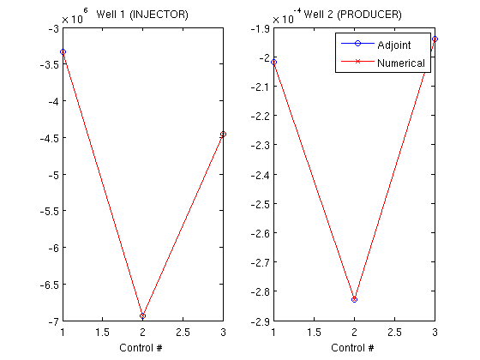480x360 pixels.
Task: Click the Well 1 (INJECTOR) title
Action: tap(142, 15)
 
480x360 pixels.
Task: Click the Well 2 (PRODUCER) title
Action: tap(352, 15)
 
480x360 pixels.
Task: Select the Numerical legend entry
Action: tap(383, 63)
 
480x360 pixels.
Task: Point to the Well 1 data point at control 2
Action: tap(142, 315)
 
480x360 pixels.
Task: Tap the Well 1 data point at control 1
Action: tap(63, 51)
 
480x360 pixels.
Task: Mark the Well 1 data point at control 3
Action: tap(223, 134)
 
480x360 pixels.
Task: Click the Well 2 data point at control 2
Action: tap(355, 299)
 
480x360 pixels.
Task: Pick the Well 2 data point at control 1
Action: tap(274, 62)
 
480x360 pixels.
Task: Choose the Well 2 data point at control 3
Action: tap(435, 39)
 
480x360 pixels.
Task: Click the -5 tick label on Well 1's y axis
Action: tap(53, 175)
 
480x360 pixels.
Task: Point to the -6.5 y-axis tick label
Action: tap(49, 285)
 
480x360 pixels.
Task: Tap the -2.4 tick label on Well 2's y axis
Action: tap(260, 175)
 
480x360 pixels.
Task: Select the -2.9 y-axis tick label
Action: tap(260, 321)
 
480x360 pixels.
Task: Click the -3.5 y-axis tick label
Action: tap(49, 64)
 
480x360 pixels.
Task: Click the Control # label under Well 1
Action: tap(141, 348)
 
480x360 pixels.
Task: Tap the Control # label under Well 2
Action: tap(352, 348)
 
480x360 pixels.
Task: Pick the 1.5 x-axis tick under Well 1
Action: tap(102, 333)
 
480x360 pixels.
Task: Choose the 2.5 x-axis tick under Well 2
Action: tap(394, 333)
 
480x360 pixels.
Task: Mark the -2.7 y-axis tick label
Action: tap(260, 262)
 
